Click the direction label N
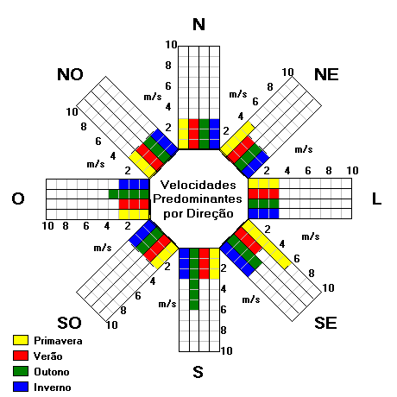[x=198, y=24]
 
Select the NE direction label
[x=326, y=74]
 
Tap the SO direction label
[x=69, y=323]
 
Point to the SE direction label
[x=325, y=323]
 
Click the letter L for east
[x=376, y=198]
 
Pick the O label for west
[x=18, y=198]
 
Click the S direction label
[x=198, y=372]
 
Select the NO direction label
[x=70, y=74]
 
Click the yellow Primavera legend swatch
[x=21, y=340]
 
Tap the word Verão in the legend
[x=47, y=356]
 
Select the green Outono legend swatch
[x=21, y=371]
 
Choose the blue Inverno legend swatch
[x=21, y=387]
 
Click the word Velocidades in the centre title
[x=198, y=185]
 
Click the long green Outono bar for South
[x=194, y=279]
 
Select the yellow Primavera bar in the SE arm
[x=267, y=244]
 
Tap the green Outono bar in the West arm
[x=129, y=194]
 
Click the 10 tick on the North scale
[x=171, y=45]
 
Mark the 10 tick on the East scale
[x=352, y=171]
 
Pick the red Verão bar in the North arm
[x=194, y=134]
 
